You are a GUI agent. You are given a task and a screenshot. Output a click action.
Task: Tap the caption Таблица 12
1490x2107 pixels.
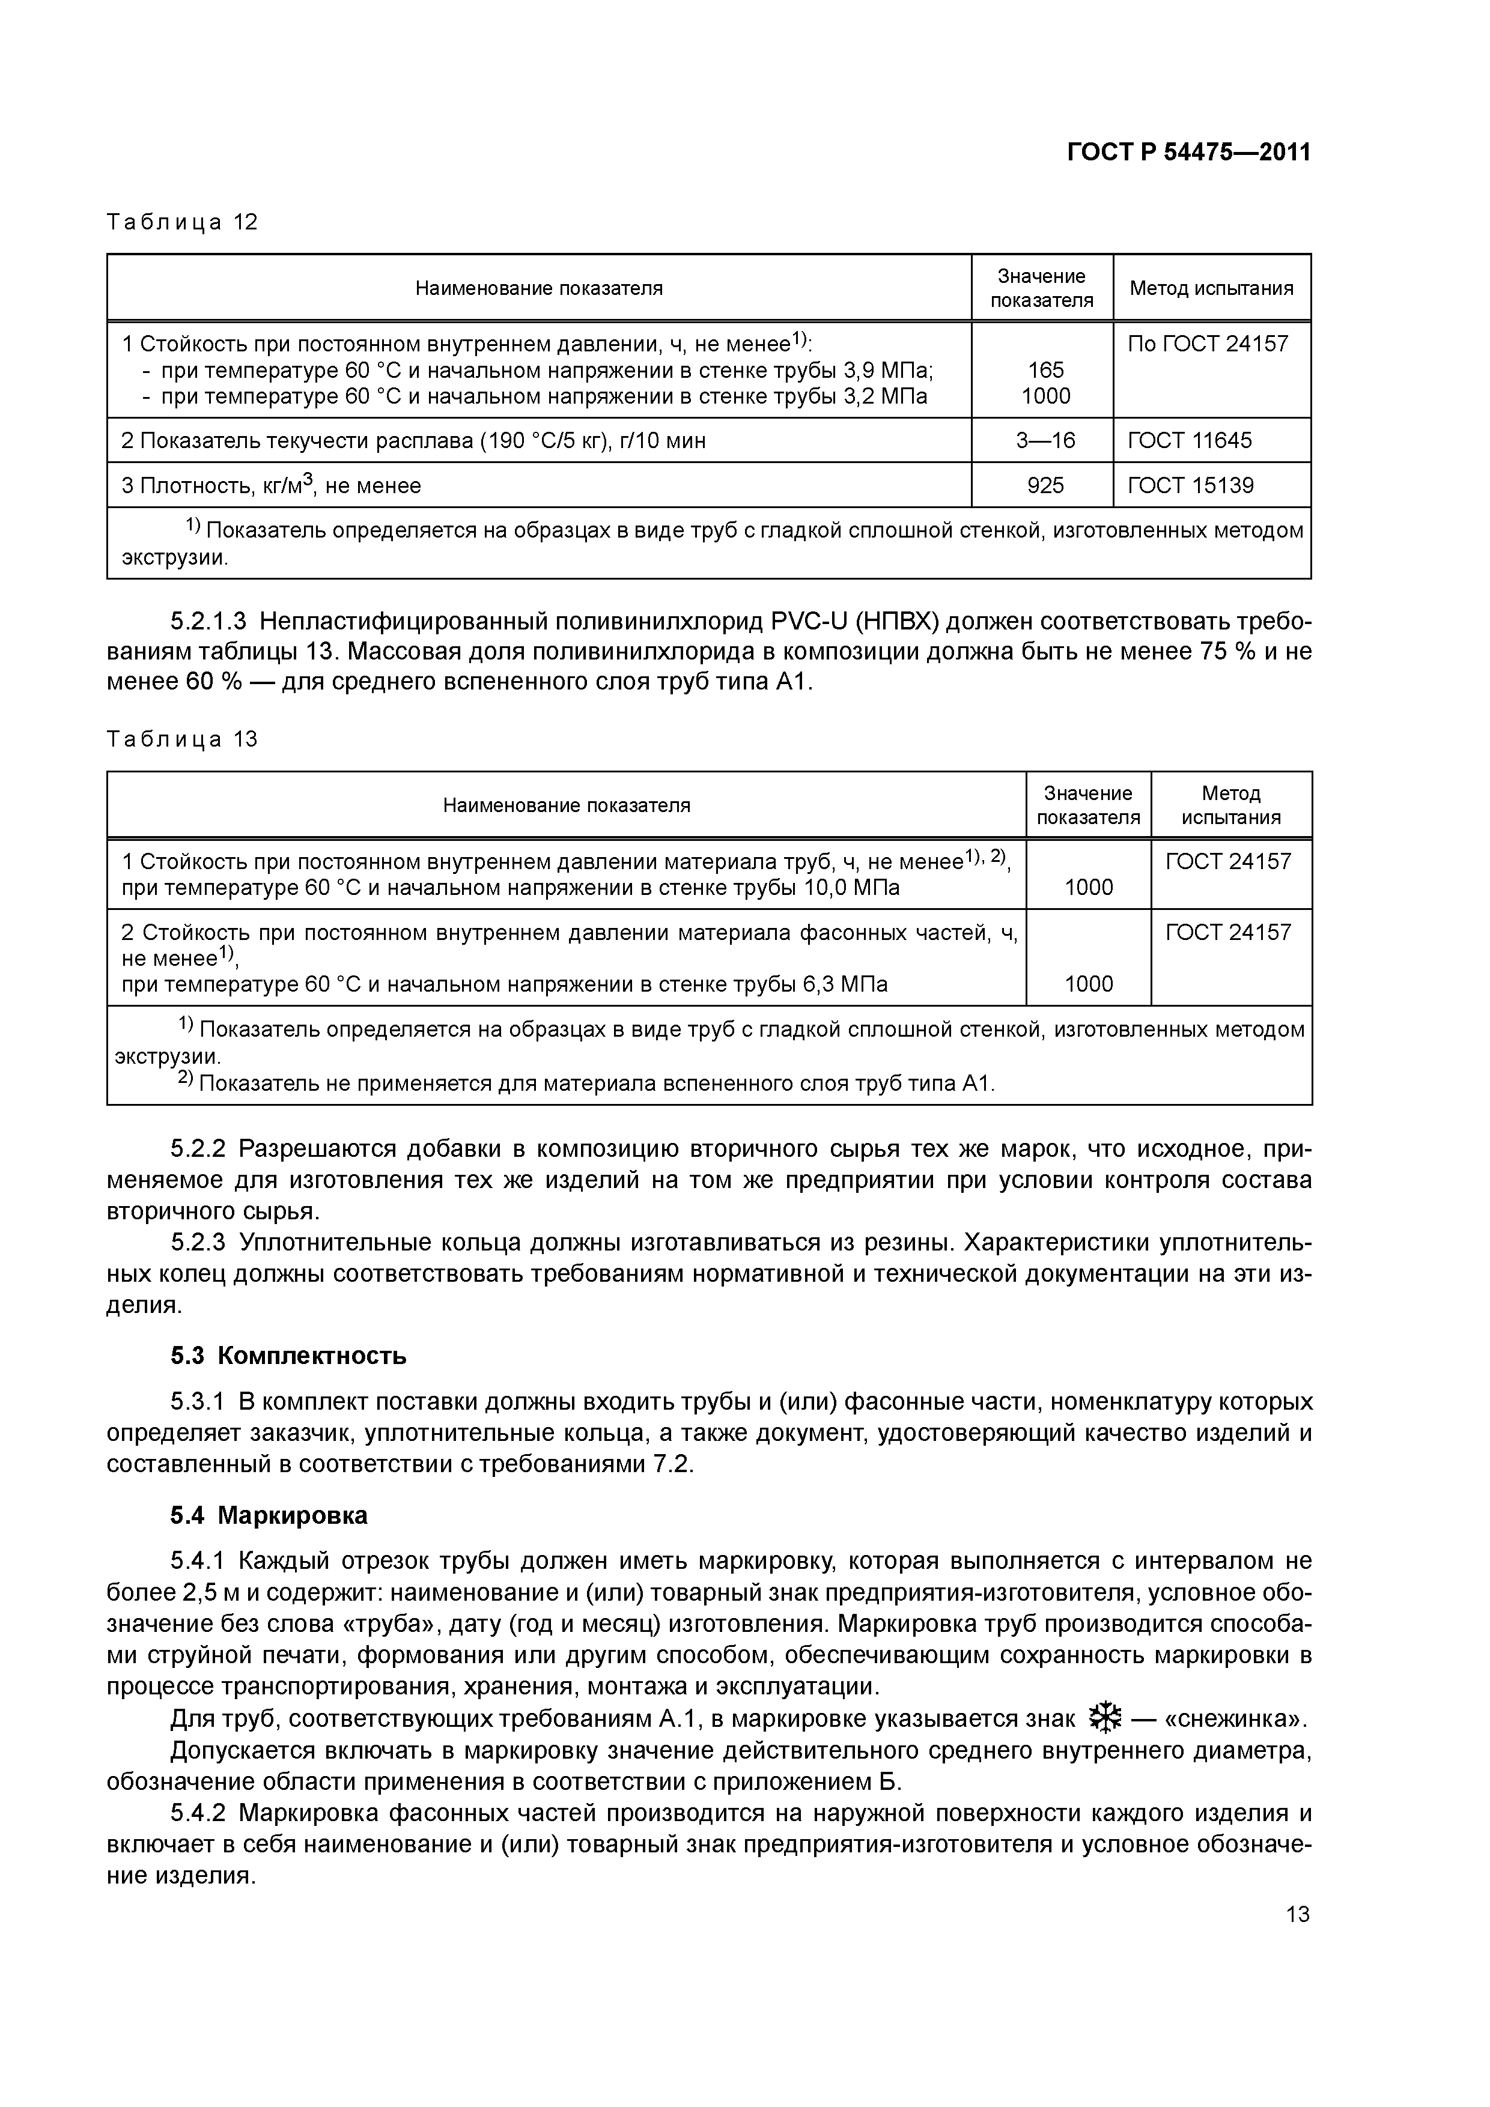click(x=182, y=222)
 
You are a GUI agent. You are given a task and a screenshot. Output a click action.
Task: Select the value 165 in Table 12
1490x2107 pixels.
click(x=1045, y=370)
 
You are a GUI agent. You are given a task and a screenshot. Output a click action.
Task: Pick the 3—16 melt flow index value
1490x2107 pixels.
click(x=1045, y=440)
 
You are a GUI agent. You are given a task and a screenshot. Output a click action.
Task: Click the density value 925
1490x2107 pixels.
click(x=1045, y=485)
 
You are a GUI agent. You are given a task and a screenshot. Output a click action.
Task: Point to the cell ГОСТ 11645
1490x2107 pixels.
click(x=1189, y=440)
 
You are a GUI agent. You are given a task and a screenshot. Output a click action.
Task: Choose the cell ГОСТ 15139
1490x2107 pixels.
click(x=1190, y=485)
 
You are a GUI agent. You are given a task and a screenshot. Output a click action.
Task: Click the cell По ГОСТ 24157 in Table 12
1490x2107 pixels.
click(x=1207, y=344)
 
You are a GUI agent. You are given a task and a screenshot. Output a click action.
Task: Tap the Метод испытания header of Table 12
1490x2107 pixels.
click(x=1211, y=288)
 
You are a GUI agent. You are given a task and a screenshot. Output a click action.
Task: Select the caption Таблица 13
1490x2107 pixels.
click(x=182, y=739)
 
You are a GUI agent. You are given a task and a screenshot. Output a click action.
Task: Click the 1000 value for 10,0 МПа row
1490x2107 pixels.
click(x=1088, y=887)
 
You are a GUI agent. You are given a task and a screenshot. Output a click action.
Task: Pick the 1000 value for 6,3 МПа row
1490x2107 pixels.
click(x=1088, y=984)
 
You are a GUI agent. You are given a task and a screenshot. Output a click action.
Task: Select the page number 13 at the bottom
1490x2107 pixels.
click(x=1297, y=1914)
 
